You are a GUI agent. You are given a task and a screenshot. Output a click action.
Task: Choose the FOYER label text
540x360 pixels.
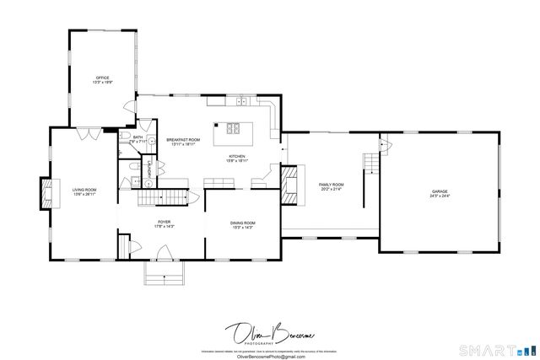click(164, 224)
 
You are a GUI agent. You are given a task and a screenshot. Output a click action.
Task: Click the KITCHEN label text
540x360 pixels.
click(237, 158)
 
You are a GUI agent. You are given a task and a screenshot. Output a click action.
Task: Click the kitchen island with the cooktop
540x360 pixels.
click(232, 130)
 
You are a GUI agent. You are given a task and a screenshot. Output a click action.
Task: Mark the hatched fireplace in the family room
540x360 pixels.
click(289, 183)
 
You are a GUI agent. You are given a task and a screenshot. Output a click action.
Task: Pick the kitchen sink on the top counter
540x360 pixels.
click(240, 102)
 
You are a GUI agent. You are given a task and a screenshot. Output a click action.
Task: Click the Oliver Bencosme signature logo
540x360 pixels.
click(269, 334)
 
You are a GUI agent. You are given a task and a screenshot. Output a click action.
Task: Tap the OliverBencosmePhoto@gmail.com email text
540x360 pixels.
click(269, 356)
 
